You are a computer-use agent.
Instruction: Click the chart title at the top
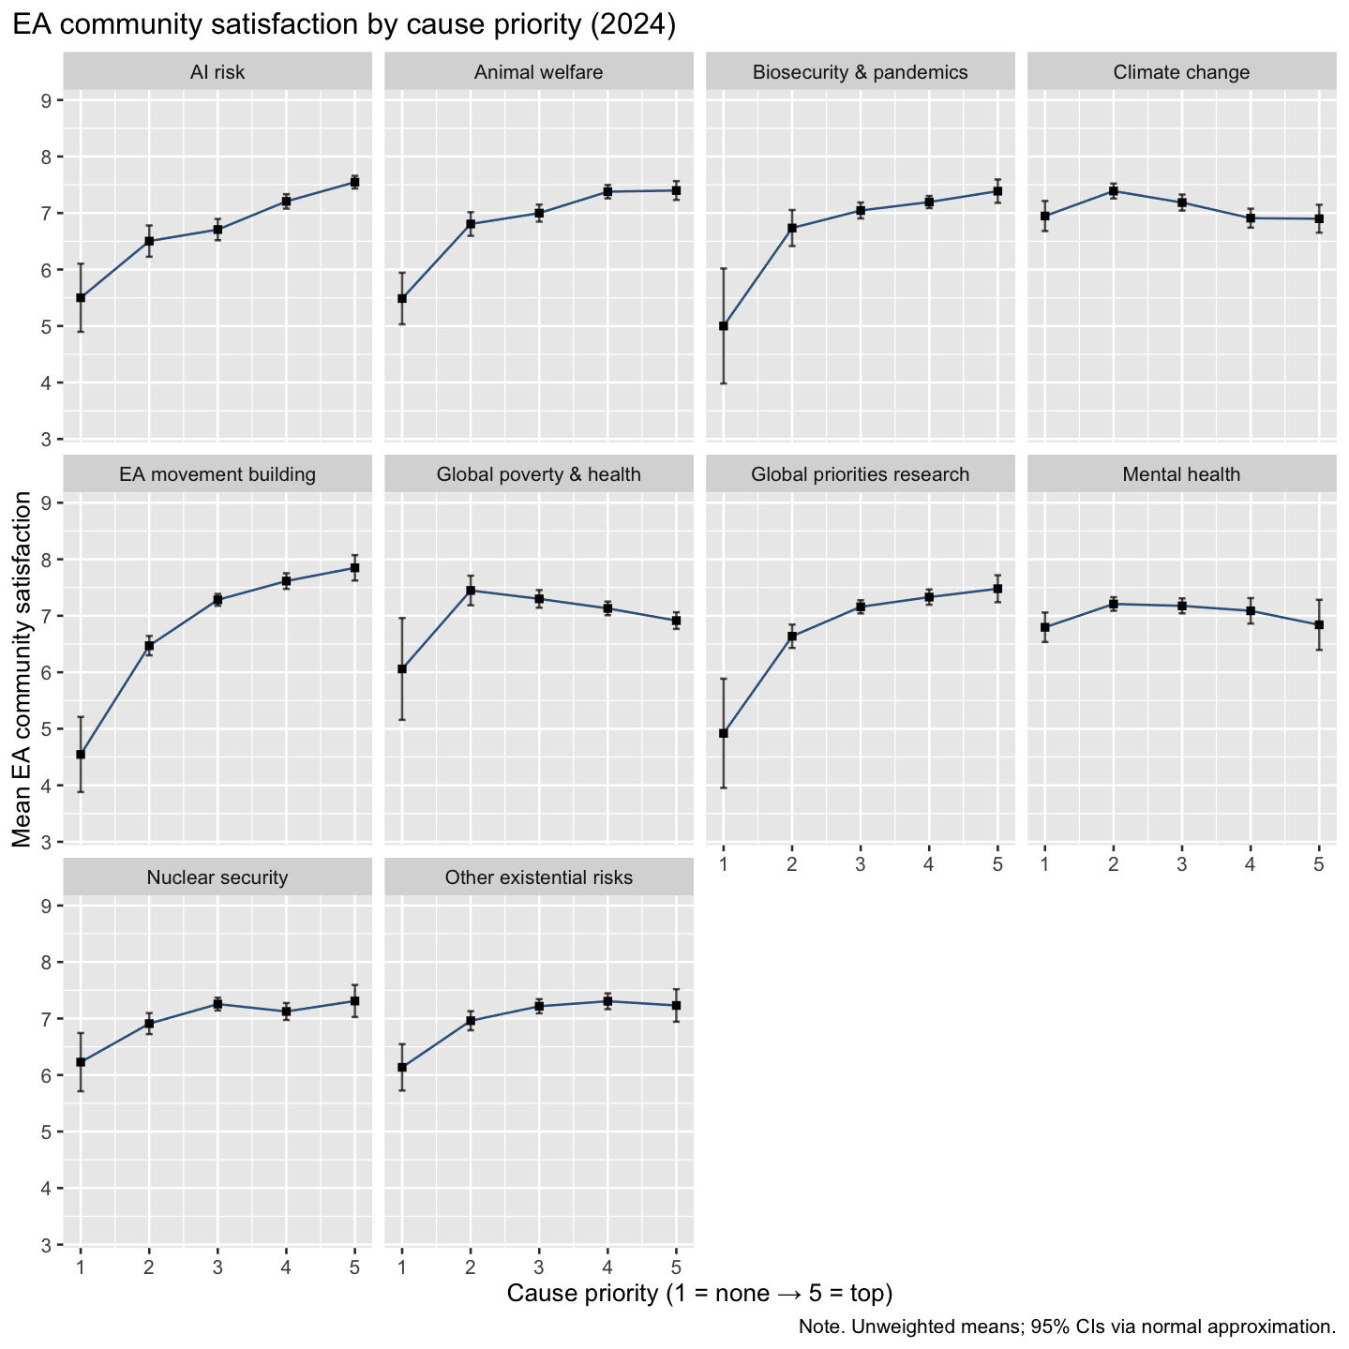click(344, 25)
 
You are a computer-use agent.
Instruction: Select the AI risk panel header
click(217, 72)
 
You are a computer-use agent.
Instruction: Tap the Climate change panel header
click(1181, 72)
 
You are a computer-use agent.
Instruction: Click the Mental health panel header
click(1181, 474)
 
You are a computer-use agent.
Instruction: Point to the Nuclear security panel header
click(217, 877)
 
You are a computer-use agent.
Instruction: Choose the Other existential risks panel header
click(539, 877)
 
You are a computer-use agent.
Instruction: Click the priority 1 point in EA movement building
click(81, 755)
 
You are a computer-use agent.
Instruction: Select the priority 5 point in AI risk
click(355, 182)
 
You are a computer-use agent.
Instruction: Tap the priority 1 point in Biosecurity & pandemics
click(724, 326)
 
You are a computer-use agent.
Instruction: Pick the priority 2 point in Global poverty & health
click(471, 591)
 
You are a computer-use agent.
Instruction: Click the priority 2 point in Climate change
click(1114, 191)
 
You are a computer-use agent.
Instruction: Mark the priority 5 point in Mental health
click(1319, 624)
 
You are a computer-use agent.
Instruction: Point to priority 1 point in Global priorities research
click(724, 733)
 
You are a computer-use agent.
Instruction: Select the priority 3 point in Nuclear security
click(217, 1004)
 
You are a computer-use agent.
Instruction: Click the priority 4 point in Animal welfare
click(607, 191)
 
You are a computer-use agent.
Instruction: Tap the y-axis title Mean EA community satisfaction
click(22, 670)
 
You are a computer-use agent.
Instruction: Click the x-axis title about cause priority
click(699, 1294)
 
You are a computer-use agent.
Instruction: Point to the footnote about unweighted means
click(1067, 1327)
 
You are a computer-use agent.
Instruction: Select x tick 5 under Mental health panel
click(1319, 864)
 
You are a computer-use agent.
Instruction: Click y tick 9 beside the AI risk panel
click(45, 100)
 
